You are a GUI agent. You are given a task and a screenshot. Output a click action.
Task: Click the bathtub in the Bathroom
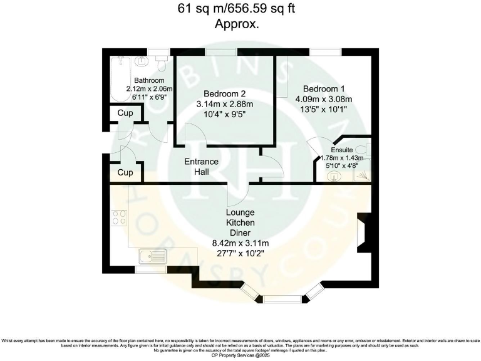pos(118,78)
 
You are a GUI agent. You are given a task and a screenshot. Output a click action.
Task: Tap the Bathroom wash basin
pos(141,61)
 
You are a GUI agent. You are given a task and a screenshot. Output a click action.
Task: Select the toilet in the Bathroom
pos(162,63)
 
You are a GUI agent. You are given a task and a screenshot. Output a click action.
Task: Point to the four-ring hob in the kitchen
pos(119,217)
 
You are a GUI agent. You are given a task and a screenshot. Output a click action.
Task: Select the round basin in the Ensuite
pos(333,176)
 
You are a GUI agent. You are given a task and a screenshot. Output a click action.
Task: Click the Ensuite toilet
pos(367,152)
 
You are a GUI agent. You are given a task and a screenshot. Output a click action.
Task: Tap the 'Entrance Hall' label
pos(201,166)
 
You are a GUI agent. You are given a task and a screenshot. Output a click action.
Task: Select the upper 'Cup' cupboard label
pos(125,113)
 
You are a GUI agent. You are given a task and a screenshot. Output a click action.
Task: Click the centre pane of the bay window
pos(282,299)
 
